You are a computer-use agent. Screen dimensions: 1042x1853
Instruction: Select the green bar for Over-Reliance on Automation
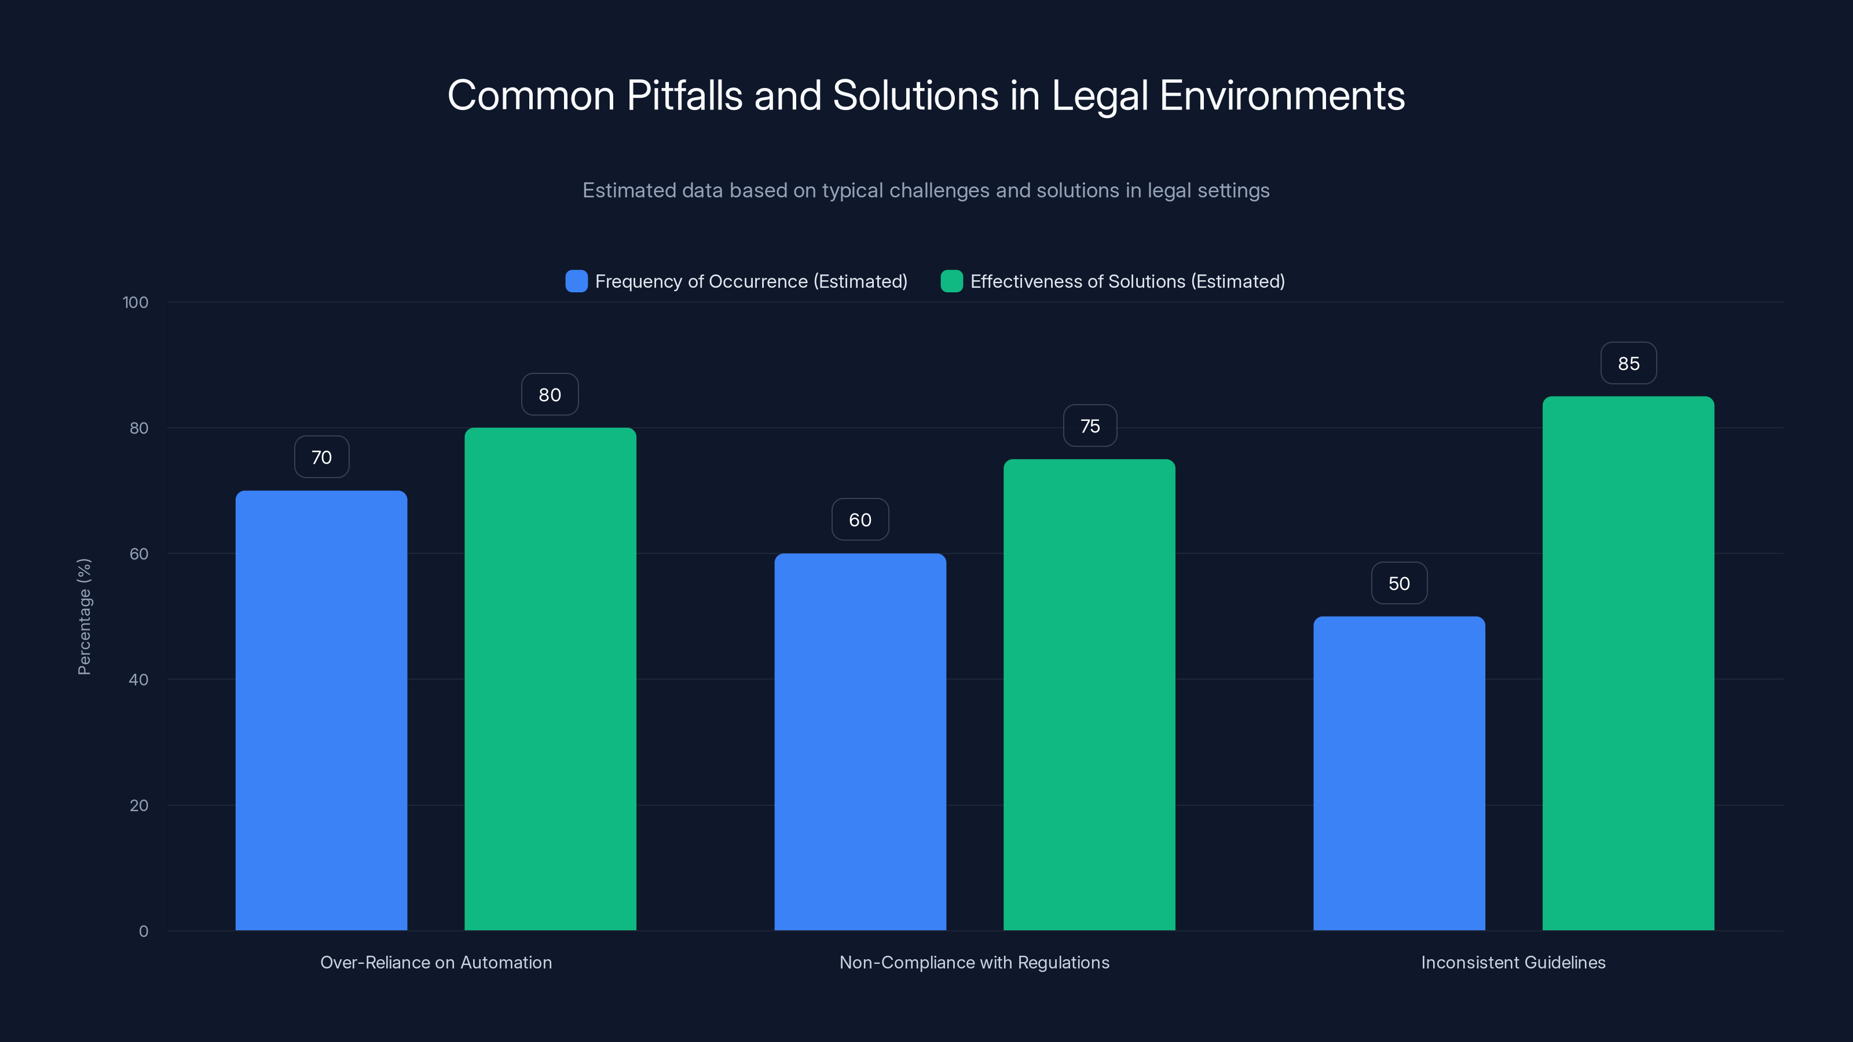(x=550, y=679)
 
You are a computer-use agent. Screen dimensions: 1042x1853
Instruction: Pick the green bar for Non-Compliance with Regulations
(x=1089, y=695)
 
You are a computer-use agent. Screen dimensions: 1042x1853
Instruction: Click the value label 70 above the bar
(x=321, y=457)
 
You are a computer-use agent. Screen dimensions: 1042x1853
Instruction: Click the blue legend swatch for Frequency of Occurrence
(x=576, y=281)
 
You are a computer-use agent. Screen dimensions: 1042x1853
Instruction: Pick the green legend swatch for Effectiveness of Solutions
(x=951, y=281)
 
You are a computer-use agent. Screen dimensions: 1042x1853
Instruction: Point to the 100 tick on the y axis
(x=136, y=303)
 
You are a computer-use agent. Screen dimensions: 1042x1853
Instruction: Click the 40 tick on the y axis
(x=138, y=680)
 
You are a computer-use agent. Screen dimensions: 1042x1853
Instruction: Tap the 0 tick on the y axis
(x=143, y=931)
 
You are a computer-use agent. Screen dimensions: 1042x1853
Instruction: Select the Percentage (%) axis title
(x=84, y=617)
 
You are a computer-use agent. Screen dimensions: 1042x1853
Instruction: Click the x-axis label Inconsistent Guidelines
(x=1513, y=962)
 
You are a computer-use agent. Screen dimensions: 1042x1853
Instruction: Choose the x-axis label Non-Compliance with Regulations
(x=974, y=962)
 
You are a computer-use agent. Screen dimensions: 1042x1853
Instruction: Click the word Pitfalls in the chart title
(x=684, y=96)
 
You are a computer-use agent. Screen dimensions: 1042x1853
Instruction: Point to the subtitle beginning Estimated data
(x=926, y=190)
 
